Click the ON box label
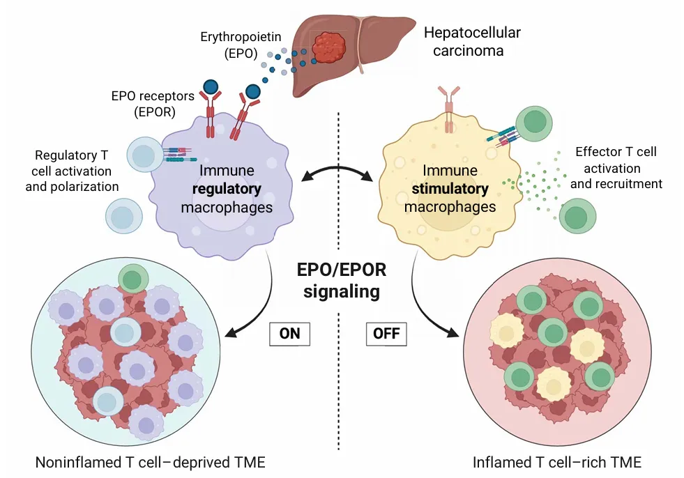point(289,334)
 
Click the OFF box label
point(386,334)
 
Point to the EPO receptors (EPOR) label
point(153,102)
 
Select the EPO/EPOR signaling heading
point(341,281)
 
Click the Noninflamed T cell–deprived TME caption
point(151,462)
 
